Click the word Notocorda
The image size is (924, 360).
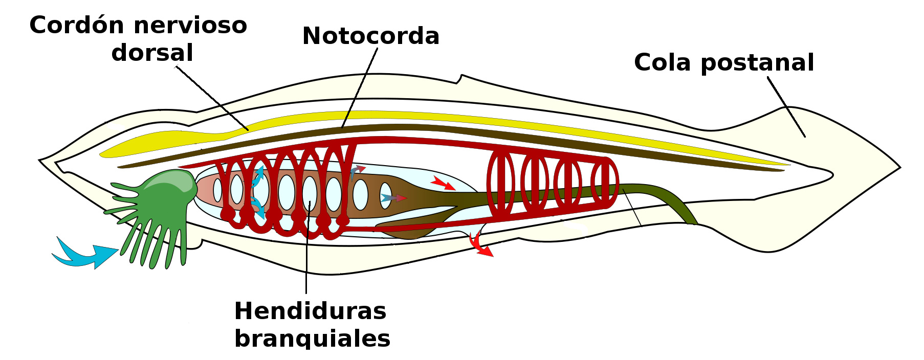coord(370,36)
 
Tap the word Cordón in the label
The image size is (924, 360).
coord(74,25)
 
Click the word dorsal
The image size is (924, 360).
coord(152,53)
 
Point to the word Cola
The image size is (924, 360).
coord(663,62)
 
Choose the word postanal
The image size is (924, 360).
coord(757,62)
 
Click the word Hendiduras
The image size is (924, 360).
coord(310,311)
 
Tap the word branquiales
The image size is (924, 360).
coord(312,339)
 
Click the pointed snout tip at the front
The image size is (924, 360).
coord(41,161)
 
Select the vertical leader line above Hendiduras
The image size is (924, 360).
coord(306,251)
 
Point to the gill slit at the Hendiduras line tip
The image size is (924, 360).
coord(310,193)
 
